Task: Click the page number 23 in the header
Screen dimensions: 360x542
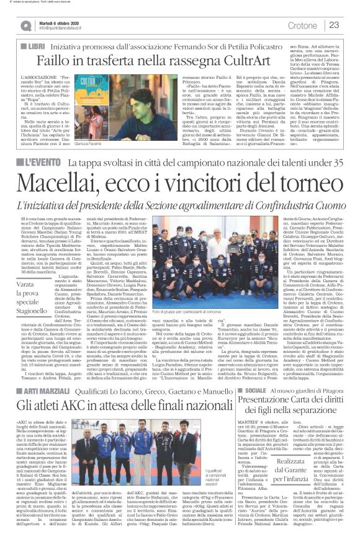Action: pos(333,25)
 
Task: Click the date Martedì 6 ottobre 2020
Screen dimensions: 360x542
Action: pos(62,22)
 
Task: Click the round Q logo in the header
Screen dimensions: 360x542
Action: pos(25,25)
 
